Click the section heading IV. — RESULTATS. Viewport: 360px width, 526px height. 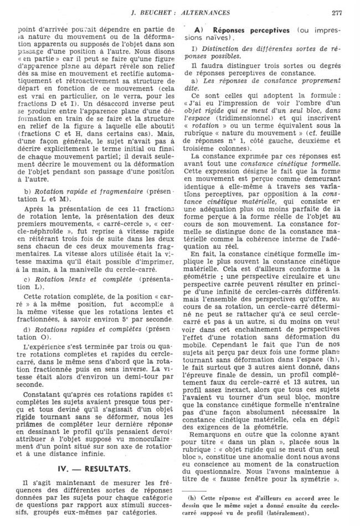click(x=96, y=468)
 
